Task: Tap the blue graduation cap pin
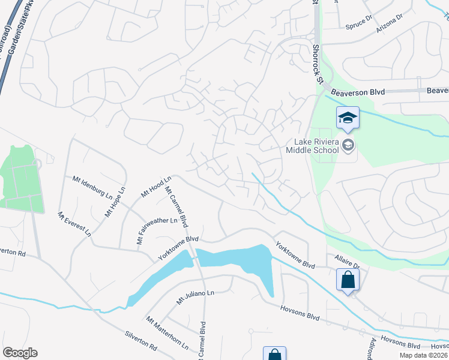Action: [348, 118]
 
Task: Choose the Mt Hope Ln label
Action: [115, 202]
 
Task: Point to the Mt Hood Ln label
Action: [156, 186]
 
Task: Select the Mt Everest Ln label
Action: [74, 223]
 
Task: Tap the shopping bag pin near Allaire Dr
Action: [348, 280]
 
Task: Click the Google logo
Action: [20, 353]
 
